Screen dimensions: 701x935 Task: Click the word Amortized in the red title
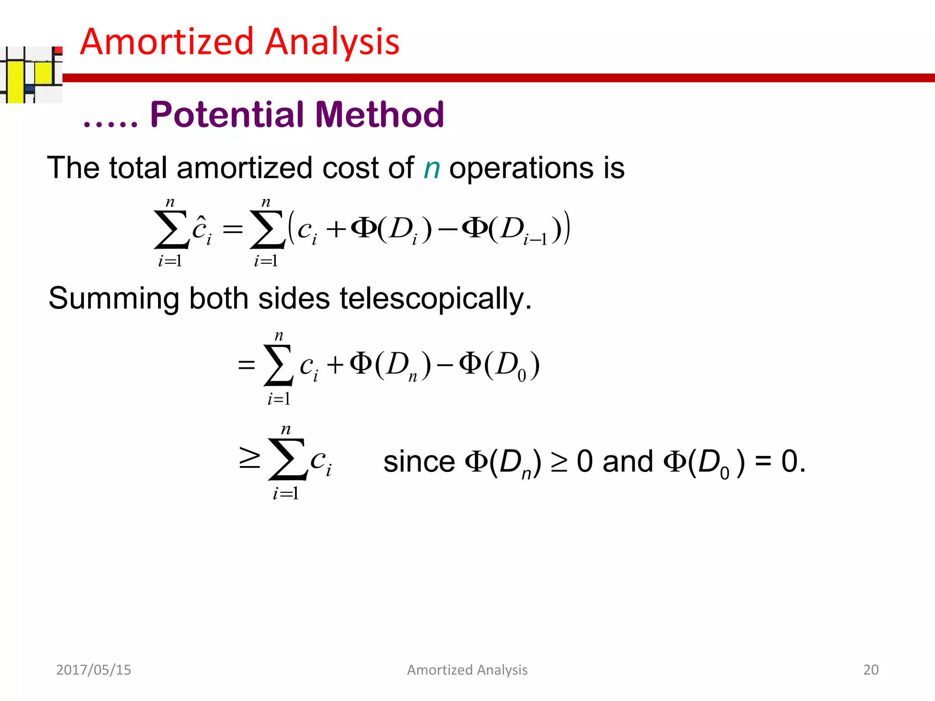[x=167, y=42]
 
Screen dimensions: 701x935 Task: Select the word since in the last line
[x=419, y=461]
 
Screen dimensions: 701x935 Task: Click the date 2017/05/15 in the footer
[x=94, y=670]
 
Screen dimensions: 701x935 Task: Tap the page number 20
[x=871, y=670]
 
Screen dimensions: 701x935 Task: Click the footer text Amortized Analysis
[x=467, y=670]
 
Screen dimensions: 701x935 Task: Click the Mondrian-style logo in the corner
[x=31, y=74]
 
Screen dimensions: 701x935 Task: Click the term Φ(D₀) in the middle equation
[x=499, y=365]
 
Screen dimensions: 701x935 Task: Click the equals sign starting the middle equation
[x=246, y=365]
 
